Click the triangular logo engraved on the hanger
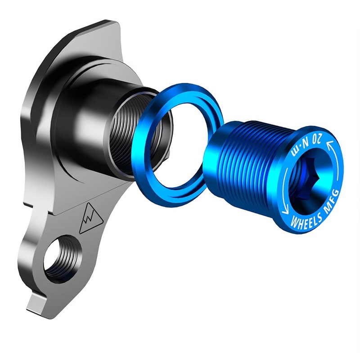[90, 219]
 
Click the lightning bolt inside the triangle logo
[90, 220]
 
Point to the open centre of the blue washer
[180, 139]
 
